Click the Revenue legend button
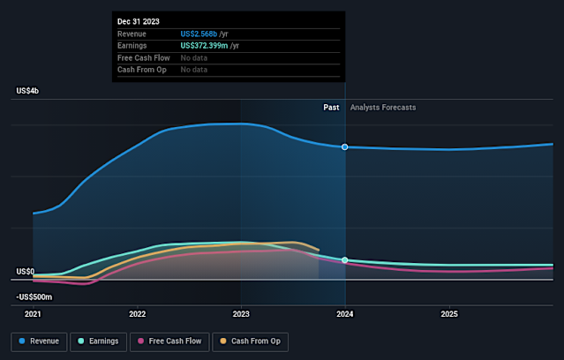[40, 341]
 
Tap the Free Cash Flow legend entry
[169, 341]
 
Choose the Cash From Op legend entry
[250, 341]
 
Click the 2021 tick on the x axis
[33, 313]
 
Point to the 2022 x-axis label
[137, 313]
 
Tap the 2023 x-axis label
[241, 313]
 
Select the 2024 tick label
[345, 313]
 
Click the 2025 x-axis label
[449, 313]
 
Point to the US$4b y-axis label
[27, 91]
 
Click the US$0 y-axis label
[24, 272]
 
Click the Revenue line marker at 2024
[345, 146]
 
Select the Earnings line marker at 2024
[345, 260]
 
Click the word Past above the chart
[331, 107]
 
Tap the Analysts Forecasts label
[383, 107]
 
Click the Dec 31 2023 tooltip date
[139, 20]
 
